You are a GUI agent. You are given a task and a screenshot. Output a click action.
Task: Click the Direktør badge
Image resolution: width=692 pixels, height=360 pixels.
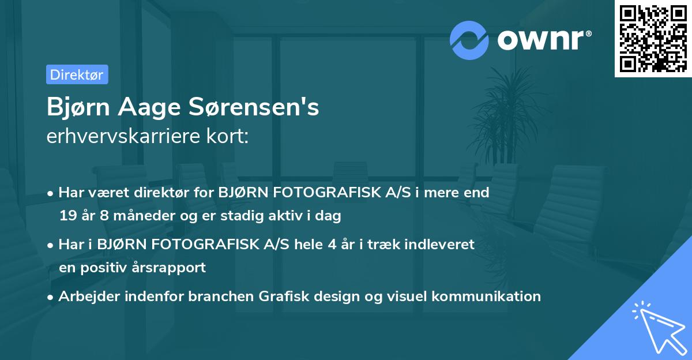(x=77, y=74)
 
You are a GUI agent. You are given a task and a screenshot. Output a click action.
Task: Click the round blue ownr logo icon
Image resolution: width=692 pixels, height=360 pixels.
(x=469, y=39)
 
